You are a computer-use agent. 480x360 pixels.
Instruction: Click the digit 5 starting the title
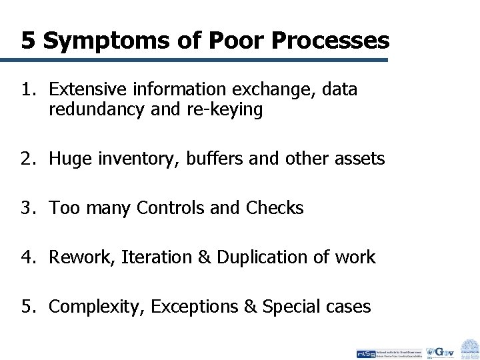28,41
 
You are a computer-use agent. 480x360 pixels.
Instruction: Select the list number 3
27,209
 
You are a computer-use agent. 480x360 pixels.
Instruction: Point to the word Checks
273,209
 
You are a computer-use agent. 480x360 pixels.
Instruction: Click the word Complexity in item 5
96,307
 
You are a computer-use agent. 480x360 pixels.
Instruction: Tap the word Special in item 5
291,307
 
